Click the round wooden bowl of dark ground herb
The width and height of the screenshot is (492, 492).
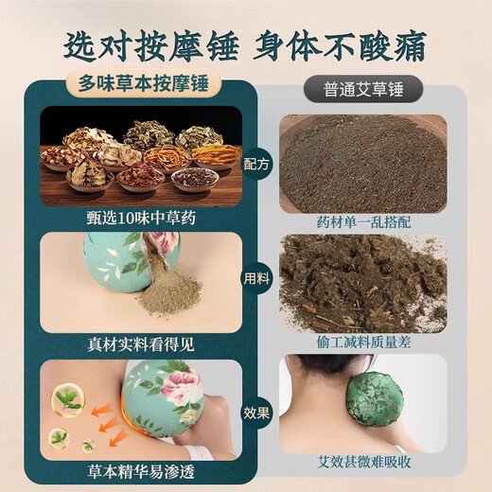click(x=362, y=156)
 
